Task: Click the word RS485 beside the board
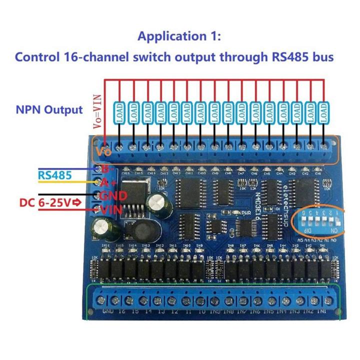tap(54, 175)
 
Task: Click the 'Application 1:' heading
tap(179, 36)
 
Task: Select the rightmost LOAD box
tap(324, 114)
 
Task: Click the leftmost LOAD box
tap(120, 114)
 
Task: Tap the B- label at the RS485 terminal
tap(106, 168)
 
